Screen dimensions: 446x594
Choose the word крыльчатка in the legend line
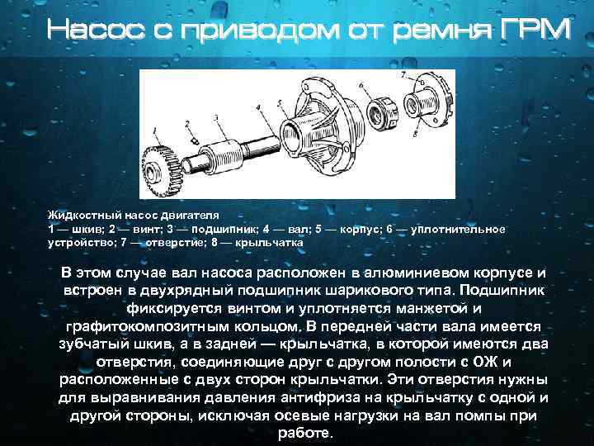(x=275, y=244)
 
